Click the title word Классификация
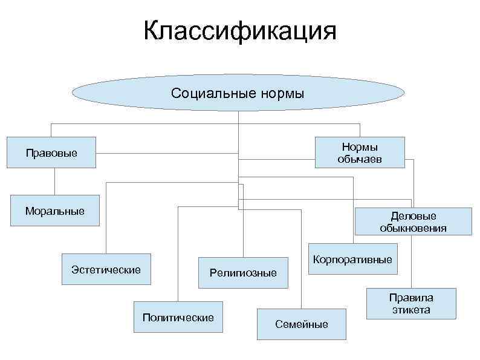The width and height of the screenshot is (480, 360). [239, 31]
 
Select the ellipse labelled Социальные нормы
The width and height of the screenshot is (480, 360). [238, 93]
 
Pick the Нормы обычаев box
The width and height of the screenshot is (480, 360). [360, 152]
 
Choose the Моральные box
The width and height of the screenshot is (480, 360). [54, 211]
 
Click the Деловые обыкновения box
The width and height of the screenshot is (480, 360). [414, 221]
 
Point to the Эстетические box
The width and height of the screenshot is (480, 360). [106, 269]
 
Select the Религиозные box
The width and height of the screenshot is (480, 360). [243, 273]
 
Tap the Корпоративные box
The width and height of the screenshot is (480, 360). [353, 259]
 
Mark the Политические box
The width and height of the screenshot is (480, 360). [178, 317]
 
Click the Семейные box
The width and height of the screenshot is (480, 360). [302, 324]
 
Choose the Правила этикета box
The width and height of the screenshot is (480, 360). [410, 303]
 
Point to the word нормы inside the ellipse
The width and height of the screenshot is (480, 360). [283, 93]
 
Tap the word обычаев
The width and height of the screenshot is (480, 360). [360, 159]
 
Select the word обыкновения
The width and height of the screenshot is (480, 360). [414, 228]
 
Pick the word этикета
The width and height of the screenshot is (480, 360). [410, 310]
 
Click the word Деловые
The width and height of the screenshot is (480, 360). [414, 215]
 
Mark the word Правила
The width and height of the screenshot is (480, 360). [410, 297]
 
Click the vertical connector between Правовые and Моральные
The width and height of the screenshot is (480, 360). [54, 181]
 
